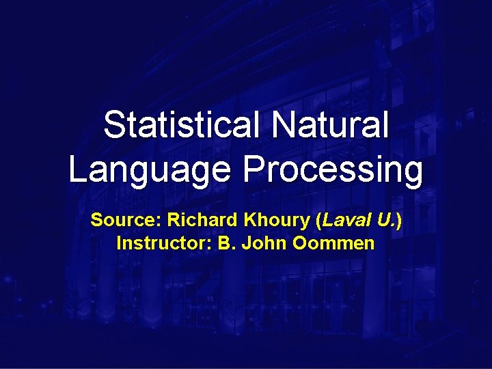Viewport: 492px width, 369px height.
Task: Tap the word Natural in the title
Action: click(x=331, y=126)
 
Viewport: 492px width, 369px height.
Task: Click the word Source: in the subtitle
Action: click(x=126, y=221)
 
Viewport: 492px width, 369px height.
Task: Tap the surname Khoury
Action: click(x=276, y=221)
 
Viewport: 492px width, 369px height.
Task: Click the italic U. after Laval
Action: click(x=383, y=221)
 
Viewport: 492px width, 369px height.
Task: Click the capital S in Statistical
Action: click(x=113, y=126)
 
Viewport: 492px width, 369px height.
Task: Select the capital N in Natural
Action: click(x=283, y=126)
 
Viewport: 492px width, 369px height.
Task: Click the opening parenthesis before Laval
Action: click(x=318, y=221)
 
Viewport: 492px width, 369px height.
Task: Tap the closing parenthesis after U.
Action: click(x=398, y=221)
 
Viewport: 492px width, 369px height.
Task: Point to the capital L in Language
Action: click(x=77, y=169)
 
